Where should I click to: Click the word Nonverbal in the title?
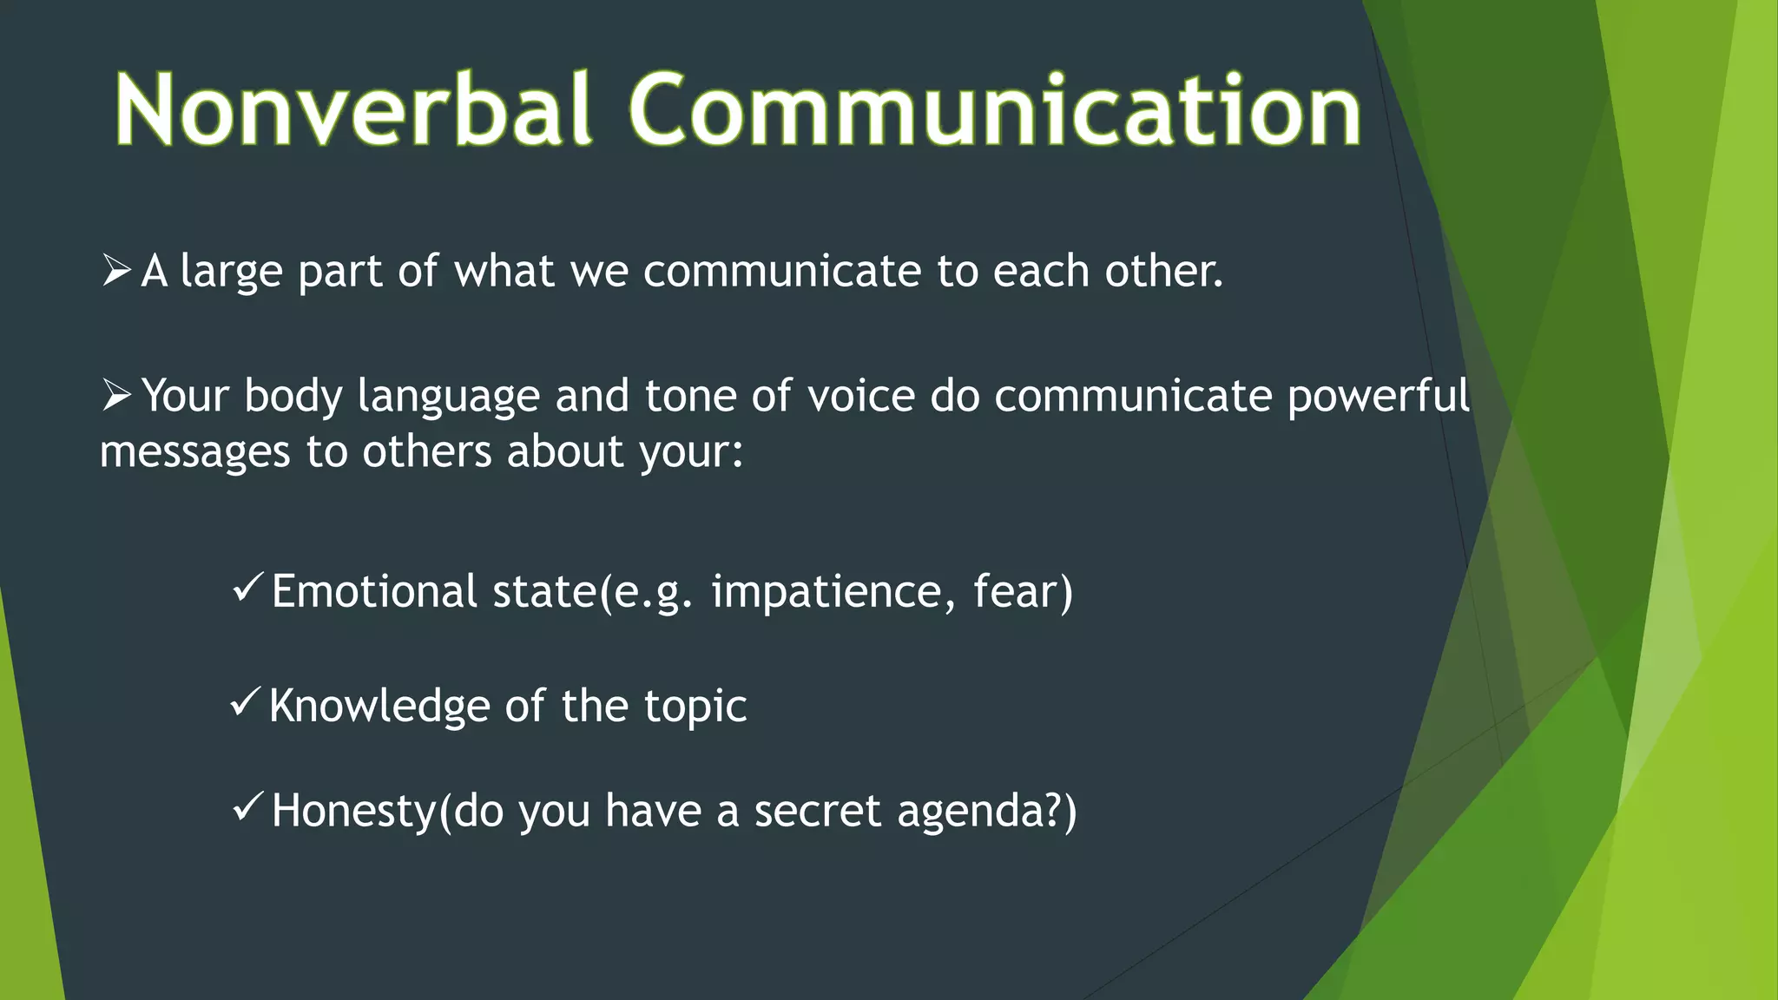(x=353, y=110)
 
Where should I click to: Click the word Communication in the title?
(x=995, y=110)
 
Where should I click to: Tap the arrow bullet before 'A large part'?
(x=116, y=270)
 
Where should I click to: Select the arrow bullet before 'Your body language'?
(x=116, y=395)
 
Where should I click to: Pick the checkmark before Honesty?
(x=247, y=807)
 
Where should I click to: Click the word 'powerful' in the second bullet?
(x=1378, y=397)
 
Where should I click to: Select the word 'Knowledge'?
(x=380, y=705)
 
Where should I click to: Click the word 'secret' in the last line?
(x=817, y=812)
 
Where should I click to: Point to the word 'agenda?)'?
(x=986, y=812)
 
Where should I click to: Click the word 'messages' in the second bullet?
(x=194, y=452)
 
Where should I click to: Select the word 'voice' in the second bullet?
(x=860, y=397)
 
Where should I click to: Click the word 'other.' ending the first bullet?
(x=1163, y=271)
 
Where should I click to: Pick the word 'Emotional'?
(x=373, y=592)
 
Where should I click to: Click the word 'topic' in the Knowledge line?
(x=695, y=707)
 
